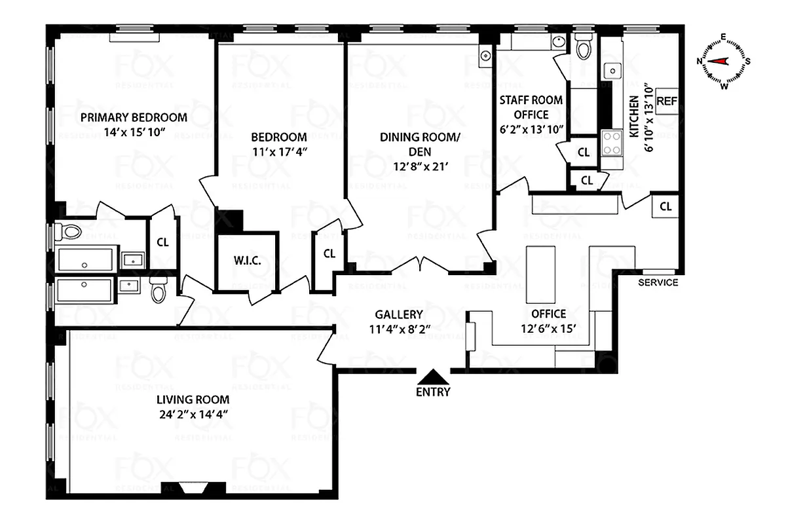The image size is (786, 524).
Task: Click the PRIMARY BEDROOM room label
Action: (x=134, y=118)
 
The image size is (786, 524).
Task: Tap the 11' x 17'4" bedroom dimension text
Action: (x=279, y=152)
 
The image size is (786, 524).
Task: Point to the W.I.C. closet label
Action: (x=248, y=261)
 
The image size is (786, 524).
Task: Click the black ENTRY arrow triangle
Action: (x=432, y=377)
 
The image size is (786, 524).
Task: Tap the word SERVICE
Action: (x=658, y=282)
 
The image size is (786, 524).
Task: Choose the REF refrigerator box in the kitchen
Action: (x=666, y=101)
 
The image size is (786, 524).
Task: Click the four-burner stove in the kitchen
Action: (x=611, y=143)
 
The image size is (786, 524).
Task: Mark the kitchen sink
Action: (x=612, y=70)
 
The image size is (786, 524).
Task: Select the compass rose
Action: (x=724, y=61)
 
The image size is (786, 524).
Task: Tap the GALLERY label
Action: (x=399, y=314)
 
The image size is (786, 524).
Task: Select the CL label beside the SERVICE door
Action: (x=665, y=207)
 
